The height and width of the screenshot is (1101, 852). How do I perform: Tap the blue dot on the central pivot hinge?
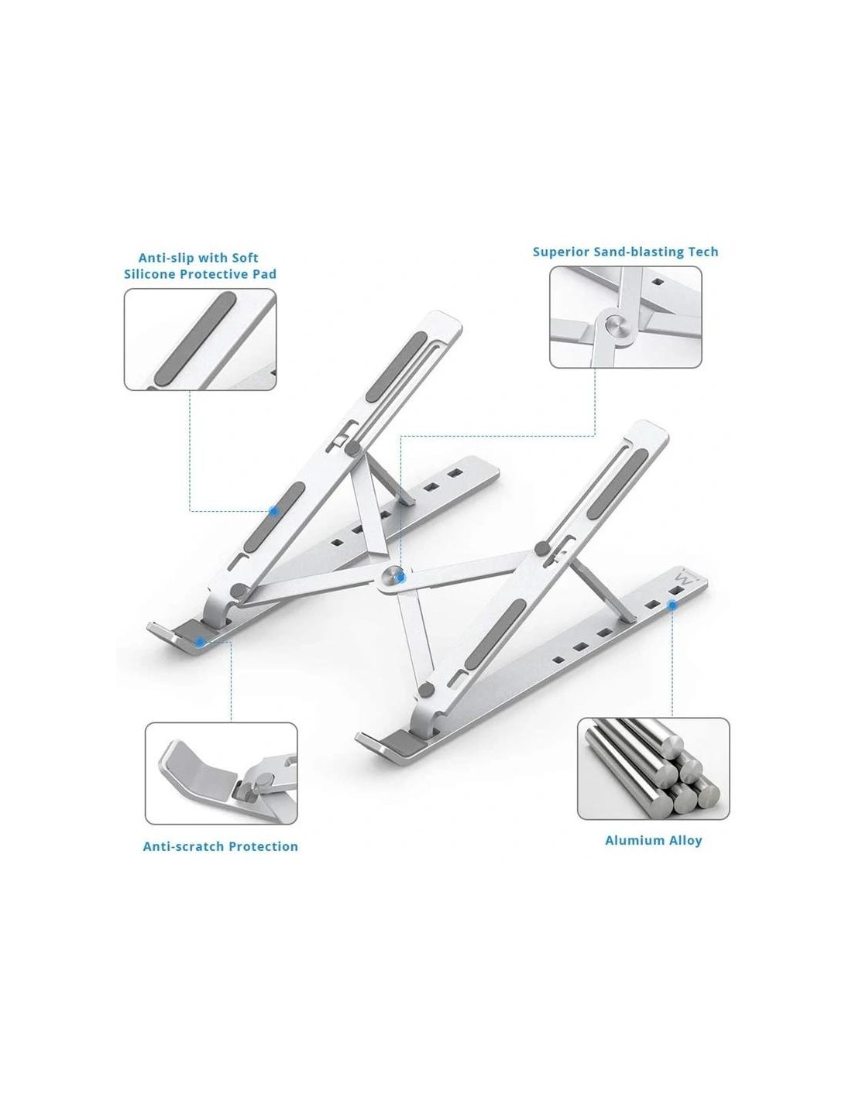point(401,577)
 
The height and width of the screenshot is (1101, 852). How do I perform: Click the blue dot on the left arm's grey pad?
point(273,511)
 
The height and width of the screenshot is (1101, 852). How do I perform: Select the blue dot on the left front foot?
point(200,642)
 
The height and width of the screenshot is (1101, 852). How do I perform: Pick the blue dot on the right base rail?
point(672,605)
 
